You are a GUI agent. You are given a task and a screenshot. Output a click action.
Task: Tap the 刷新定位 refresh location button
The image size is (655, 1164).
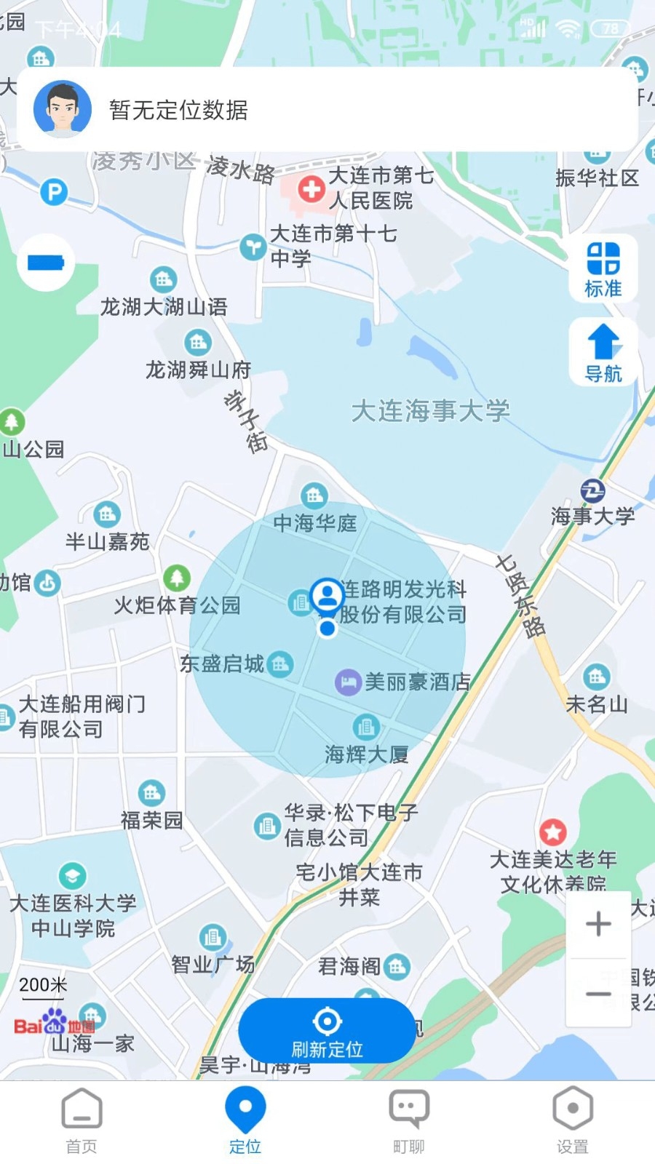[327, 1032]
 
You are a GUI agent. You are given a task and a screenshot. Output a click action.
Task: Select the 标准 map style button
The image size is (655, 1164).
[603, 268]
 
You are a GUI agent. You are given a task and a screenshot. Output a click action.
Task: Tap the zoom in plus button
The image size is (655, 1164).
[598, 924]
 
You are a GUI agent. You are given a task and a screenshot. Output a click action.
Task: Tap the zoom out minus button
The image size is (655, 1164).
[598, 993]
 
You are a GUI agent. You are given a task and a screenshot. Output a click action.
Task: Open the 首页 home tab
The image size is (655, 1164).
[82, 1120]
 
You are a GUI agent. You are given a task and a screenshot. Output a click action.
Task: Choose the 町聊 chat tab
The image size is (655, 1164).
[409, 1120]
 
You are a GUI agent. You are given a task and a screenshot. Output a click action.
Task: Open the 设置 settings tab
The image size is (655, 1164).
[573, 1120]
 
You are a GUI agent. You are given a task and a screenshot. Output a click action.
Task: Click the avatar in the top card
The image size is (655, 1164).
[63, 110]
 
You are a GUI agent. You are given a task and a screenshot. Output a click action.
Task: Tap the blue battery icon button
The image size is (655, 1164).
[46, 262]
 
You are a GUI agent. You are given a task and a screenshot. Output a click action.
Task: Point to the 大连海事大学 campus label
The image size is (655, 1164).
[430, 411]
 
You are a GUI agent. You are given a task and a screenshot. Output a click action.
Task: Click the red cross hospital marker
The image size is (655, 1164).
[311, 190]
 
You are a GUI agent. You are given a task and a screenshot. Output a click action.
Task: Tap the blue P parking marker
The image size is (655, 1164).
[54, 193]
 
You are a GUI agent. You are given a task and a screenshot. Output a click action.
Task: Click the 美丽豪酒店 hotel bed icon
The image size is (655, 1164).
[348, 682]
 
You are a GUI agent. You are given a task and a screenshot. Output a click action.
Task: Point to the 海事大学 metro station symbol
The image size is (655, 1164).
[592, 491]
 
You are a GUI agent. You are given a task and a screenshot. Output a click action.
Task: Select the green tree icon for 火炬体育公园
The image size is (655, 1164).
[176, 578]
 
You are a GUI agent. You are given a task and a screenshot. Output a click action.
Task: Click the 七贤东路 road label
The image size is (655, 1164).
[520, 595]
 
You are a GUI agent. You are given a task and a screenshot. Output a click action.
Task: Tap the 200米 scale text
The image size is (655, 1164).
[43, 985]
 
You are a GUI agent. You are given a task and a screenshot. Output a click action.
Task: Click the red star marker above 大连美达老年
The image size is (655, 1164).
[552, 832]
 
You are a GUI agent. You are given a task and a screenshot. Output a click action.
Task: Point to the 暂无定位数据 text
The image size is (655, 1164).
[178, 110]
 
